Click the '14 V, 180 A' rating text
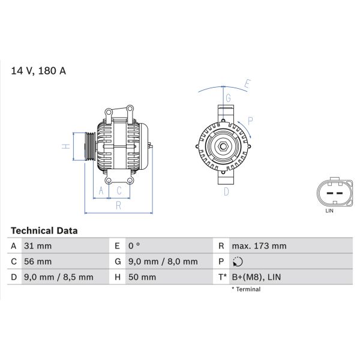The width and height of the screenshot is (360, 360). [x=38, y=71]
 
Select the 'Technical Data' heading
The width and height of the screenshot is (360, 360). [x=44, y=230]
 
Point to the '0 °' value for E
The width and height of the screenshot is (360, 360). [x=134, y=246]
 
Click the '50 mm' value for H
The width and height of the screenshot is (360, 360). [x=142, y=277]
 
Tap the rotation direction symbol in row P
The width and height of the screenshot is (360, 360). [x=238, y=262]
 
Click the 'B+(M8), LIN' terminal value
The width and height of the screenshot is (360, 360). [x=256, y=277]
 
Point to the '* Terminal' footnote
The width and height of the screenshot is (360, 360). [x=246, y=289]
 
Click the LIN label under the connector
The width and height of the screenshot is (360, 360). [x=329, y=211]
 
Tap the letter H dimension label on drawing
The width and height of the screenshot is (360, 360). [x=65, y=146]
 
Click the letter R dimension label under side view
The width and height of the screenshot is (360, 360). [x=118, y=206]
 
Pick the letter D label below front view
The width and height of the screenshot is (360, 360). [x=226, y=191]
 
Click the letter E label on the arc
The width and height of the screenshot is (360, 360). [x=247, y=83]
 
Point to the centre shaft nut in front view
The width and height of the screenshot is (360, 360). [x=223, y=146]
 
